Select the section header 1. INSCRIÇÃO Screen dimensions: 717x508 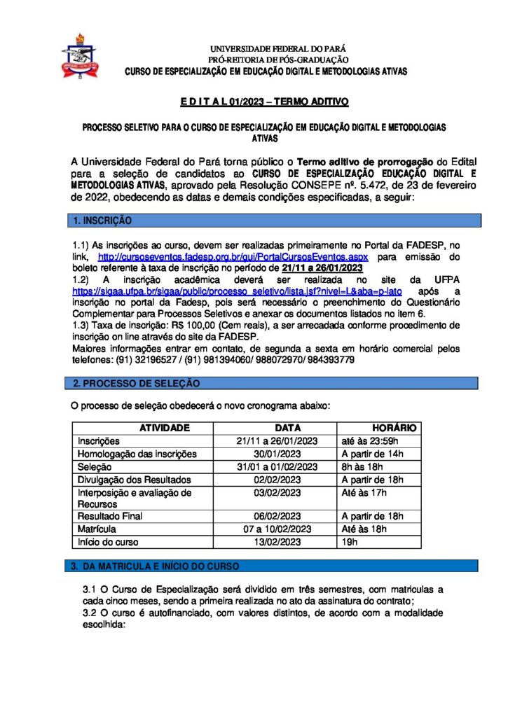coord(102,221)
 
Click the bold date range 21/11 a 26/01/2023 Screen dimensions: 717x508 coord(322,268)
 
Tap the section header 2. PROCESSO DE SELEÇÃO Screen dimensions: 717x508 coord(137,383)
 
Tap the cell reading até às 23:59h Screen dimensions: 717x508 coord(369,441)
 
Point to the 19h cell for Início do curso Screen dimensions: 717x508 coord(349,541)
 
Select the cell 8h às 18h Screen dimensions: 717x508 coord(364,466)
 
